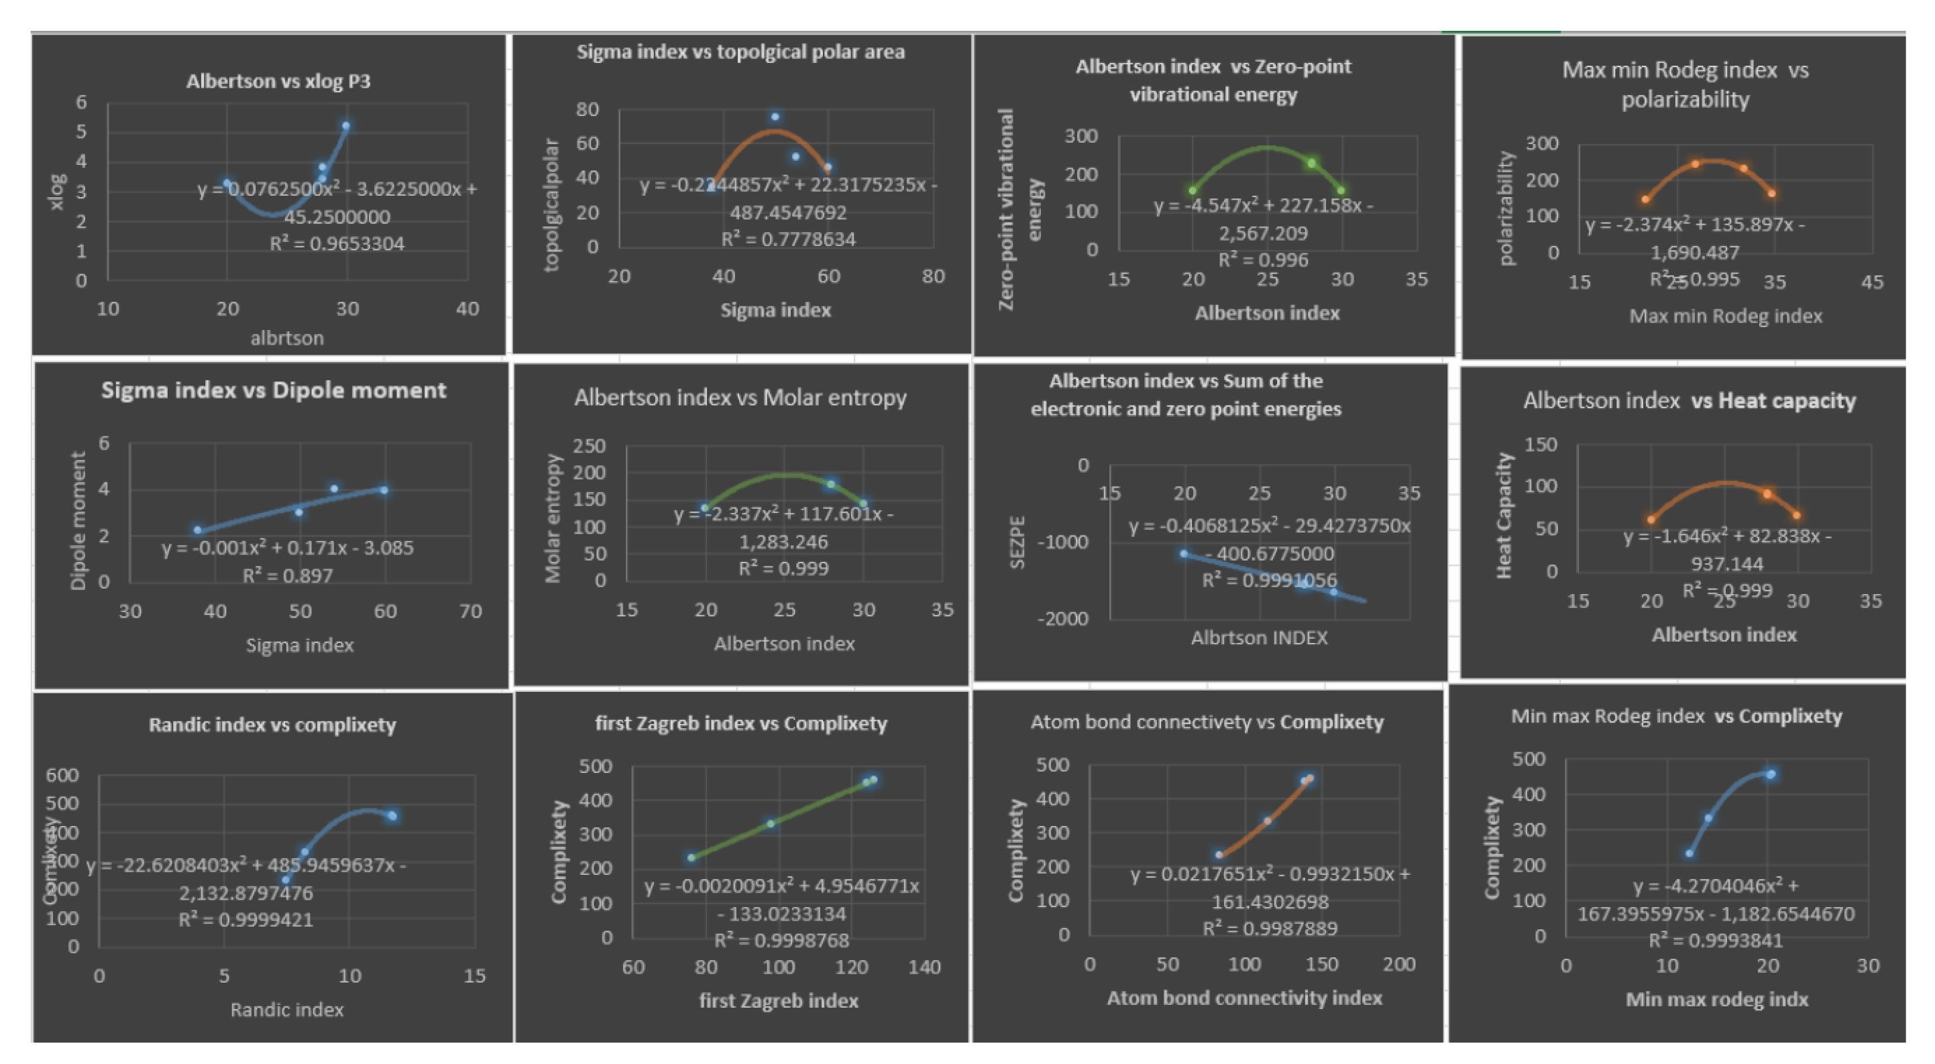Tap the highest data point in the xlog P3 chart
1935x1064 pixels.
click(345, 126)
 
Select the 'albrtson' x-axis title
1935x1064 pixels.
click(287, 338)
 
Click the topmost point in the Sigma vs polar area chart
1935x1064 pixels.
click(775, 117)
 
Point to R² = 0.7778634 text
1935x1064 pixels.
click(788, 239)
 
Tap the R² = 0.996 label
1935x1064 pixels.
click(1263, 260)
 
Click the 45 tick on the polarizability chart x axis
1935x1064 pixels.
click(1871, 282)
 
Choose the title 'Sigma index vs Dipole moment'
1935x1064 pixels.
click(274, 390)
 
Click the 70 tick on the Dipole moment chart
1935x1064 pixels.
click(470, 611)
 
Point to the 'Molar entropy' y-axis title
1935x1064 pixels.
click(553, 518)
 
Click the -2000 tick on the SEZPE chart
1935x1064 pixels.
click(1062, 619)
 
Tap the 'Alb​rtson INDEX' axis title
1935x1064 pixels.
click(1259, 638)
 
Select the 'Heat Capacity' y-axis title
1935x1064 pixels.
click(1503, 515)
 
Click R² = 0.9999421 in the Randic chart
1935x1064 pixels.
click(245, 920)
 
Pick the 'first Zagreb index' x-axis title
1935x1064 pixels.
click(778, 1001)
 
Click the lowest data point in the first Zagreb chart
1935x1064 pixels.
click(691, 858)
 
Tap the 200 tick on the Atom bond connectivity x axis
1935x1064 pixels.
click(1398, 965)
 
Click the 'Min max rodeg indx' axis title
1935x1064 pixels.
click(1716, 1000)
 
